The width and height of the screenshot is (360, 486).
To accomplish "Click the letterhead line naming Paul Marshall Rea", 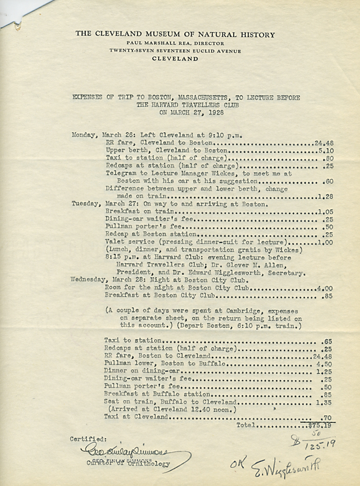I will click(x=175, y=43).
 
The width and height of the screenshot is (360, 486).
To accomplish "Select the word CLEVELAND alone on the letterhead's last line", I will click(x=175, y=59).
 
